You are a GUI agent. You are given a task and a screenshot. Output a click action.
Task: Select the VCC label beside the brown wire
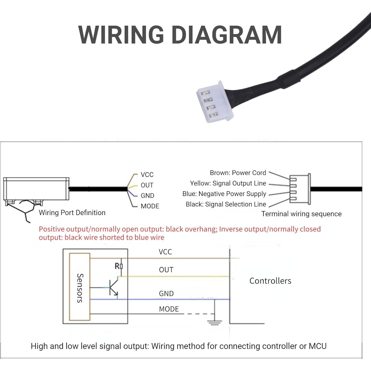147,175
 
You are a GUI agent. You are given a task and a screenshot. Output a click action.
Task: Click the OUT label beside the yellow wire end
147,185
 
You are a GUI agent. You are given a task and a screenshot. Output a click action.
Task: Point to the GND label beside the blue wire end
147,196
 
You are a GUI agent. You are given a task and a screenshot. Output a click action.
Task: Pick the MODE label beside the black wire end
150,206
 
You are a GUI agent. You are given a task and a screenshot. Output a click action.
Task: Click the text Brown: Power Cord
238,173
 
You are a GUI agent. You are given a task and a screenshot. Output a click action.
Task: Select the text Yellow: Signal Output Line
228,183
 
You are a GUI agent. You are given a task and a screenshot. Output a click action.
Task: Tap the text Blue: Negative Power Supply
224,194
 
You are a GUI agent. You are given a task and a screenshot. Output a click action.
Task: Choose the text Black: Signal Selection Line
226,204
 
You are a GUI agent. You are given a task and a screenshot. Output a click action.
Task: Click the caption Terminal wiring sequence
301,214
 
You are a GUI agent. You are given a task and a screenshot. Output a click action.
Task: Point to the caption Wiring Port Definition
72,213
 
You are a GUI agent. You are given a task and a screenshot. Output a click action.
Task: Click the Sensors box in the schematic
80,287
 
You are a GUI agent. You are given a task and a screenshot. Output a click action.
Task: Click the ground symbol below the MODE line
215,323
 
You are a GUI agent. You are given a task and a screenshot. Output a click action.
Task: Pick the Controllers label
270,281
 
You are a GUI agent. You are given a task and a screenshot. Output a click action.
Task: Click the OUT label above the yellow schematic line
166,270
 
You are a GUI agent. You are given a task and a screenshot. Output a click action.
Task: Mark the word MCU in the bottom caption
317,346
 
